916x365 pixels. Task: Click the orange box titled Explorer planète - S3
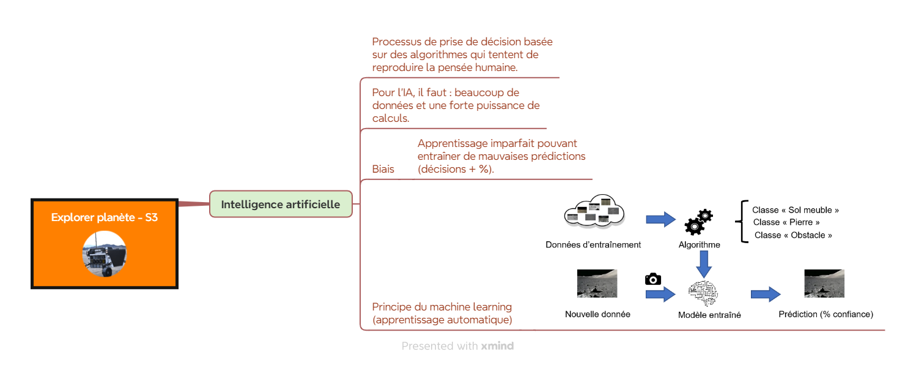105,244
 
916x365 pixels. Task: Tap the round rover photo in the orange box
105,254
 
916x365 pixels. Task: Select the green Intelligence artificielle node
281,204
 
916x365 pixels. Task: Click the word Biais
383,169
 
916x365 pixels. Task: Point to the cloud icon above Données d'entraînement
594,211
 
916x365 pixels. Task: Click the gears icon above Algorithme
698,222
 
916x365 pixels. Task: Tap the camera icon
653,279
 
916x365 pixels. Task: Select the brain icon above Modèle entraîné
703,293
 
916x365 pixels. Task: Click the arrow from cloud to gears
661,220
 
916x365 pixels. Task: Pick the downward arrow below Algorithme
704,264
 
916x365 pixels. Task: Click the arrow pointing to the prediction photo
766,294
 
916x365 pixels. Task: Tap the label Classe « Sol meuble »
796,210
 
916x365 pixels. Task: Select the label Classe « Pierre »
786,222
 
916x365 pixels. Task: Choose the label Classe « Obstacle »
793,235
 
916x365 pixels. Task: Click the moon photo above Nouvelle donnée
597,284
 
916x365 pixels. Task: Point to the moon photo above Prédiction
824,284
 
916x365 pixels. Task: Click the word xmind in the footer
497,346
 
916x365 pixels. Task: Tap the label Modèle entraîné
709,315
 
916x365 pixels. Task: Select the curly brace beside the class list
742,222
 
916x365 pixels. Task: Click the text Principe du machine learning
442,307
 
